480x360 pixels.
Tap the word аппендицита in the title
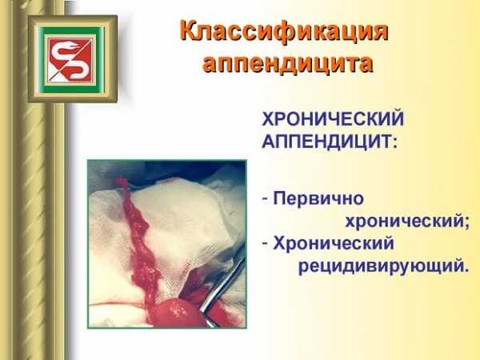(288, 64)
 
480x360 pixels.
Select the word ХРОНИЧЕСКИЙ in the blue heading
(333, 118)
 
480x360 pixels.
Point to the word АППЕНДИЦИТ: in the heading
(330, 142)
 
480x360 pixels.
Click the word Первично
(318, 199)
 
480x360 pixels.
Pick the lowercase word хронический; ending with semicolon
(407, 221)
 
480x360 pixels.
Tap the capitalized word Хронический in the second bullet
(334, 244)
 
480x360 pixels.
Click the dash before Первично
(265, 199)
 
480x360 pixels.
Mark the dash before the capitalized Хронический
(265, 244)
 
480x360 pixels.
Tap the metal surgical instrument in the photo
(222, 285)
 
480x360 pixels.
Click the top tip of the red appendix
(120, 178)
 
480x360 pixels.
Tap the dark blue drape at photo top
(171, 171)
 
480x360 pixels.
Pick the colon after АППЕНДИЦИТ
(395, 143)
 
